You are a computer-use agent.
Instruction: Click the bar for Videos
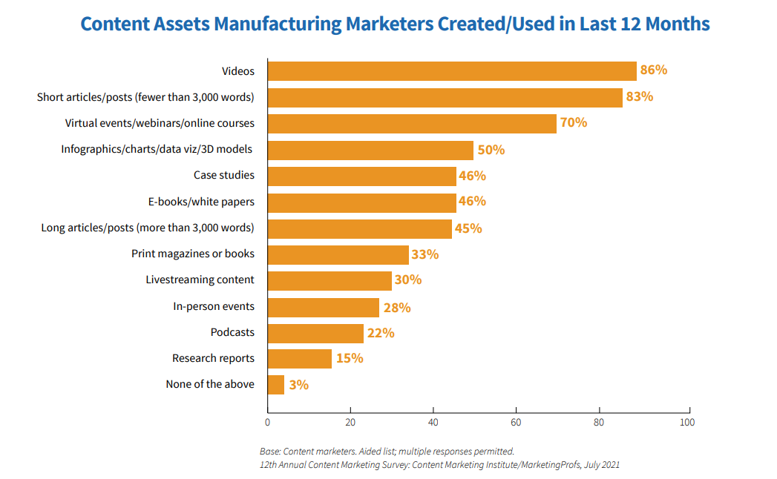[451, 71]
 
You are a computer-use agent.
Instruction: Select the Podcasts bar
[315, 333]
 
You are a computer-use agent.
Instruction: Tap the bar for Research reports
[299, 359]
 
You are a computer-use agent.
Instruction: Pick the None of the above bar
[275, 385]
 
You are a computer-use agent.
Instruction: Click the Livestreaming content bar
[329, 280]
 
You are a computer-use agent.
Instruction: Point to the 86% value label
[654, 70]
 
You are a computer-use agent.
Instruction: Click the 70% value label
[573, 122]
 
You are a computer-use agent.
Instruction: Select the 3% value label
[298, 385]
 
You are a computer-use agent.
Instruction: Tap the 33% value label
[424, 254]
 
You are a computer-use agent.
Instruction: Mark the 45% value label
[468, 228]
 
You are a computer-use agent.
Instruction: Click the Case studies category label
[223, 175]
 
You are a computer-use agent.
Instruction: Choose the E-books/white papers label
[201, 201]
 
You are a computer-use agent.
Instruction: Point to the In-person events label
[214, 306]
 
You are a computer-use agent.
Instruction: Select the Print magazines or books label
[193, 254]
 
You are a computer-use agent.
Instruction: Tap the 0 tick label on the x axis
[267, 423]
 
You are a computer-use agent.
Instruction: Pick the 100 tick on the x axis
[687, 423]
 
